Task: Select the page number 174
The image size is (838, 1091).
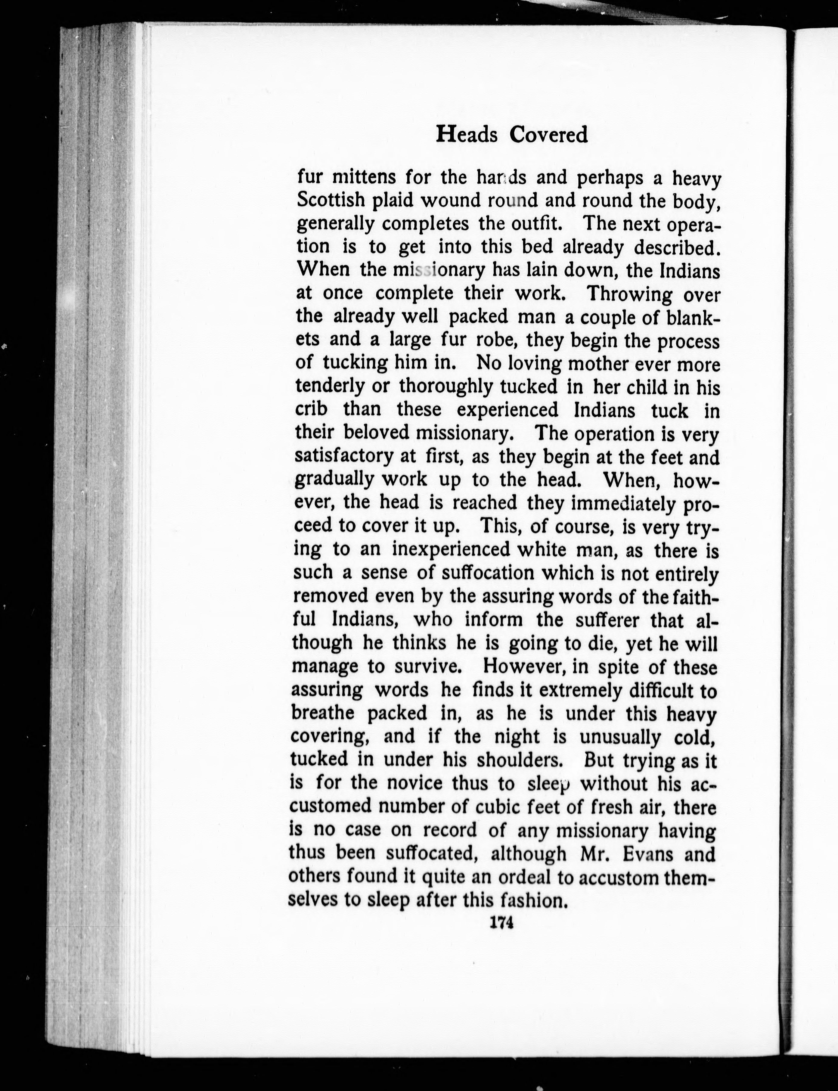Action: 501,923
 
